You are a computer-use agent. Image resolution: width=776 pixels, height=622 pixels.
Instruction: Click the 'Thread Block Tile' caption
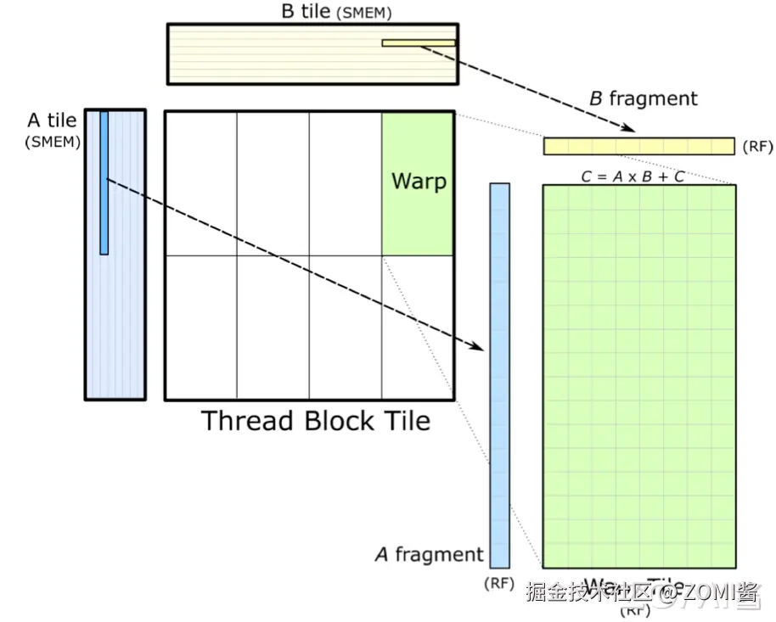point(315,421)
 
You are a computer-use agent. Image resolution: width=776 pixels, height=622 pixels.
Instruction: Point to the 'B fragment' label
point(643,98)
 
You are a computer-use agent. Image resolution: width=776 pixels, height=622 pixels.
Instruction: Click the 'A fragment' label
point(429,555)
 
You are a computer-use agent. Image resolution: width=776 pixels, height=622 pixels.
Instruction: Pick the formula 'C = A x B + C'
point(633,177)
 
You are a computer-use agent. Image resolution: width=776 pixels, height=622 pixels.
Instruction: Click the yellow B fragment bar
point(638,146)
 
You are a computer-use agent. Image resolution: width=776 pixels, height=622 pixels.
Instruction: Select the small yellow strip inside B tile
point(418,42)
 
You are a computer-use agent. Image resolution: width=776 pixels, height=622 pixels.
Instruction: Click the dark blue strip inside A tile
point(104,182)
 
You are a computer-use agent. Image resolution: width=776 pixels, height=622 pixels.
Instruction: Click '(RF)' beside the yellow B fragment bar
point(757,147)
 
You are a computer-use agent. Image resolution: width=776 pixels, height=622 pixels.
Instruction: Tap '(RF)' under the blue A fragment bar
point(498,584)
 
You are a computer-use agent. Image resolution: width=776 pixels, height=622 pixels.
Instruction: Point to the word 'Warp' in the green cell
point(419,181)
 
